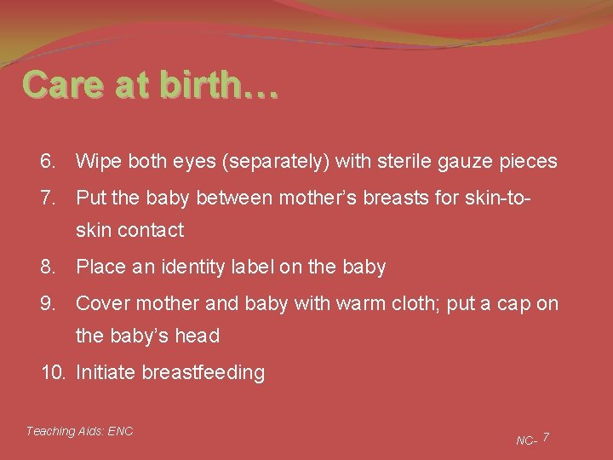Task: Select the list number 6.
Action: pos(48,161)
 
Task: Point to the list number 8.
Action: pos(48,267)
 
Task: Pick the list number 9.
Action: pos(48,303)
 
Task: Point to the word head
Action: pos(198,336)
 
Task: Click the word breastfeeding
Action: pos(203,372)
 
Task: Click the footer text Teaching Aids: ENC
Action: pos(79,431)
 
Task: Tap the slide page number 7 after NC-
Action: pos(546,437)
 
